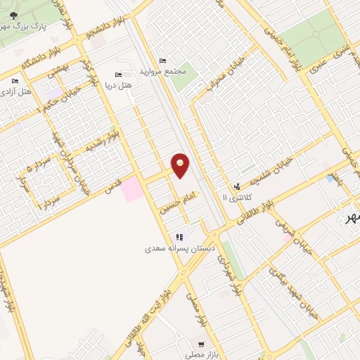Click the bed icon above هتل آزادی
(15, 81)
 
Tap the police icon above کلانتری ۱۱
(238, 187)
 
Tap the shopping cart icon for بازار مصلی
(202, 345)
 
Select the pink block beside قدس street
(131, 189)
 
